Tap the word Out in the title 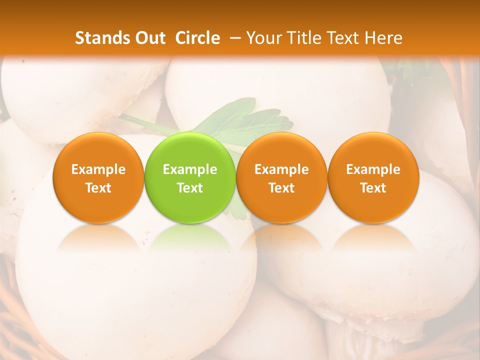point(148,38)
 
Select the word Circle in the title point(197,38)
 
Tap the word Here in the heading point(383,38)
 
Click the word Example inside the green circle point(190,169)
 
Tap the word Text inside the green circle point(190,188)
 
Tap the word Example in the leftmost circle point(98,169)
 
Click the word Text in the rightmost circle point(373,188)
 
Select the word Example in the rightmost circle point(373,169)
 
